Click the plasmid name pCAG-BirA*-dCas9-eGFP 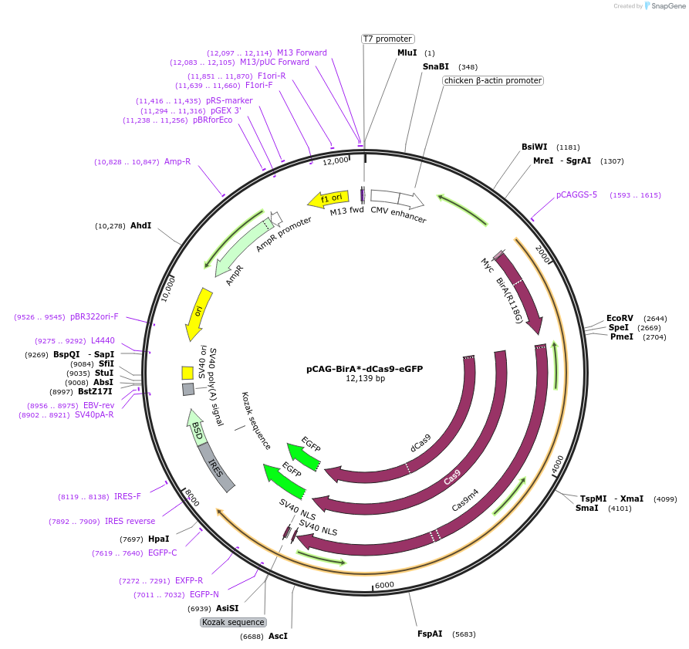click(364, 369)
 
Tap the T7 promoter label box click(388, 39)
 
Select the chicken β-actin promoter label click(493, 80)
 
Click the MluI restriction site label click(407, 52)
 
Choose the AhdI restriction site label click(140, 225)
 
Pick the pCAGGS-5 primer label click(576, 194)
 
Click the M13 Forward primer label click(302, 52)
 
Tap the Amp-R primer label click(177, 161)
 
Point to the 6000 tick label click(384, 584)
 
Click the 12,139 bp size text click(365, 379)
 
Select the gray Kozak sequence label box click(233, 622)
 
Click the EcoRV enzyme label click(620, 318)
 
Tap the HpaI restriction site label click(158, 539)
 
